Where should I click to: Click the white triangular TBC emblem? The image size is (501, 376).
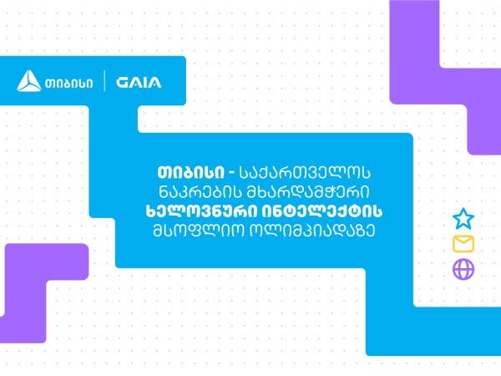(x=28, y=81)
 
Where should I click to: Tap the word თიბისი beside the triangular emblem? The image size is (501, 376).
(x=69, y=83)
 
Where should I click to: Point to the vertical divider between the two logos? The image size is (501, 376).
(x=104, y=81)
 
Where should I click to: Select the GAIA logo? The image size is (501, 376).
(x=139, y=82)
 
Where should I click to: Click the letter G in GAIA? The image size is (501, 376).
(x=122, y=82)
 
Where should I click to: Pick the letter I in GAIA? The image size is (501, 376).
(x=145, y=82)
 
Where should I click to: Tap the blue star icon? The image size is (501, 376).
(x=463, y=219)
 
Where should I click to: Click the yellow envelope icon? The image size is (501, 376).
(x=463, y=244)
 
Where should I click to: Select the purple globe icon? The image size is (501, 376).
(x=463, y=269)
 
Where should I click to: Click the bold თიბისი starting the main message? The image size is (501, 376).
(x=190, y=173)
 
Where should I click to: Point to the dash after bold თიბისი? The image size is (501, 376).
(x=231, y=174)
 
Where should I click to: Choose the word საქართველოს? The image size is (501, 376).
(x=305, y=173)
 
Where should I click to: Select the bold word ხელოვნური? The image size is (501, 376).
(x=201, y=211)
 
